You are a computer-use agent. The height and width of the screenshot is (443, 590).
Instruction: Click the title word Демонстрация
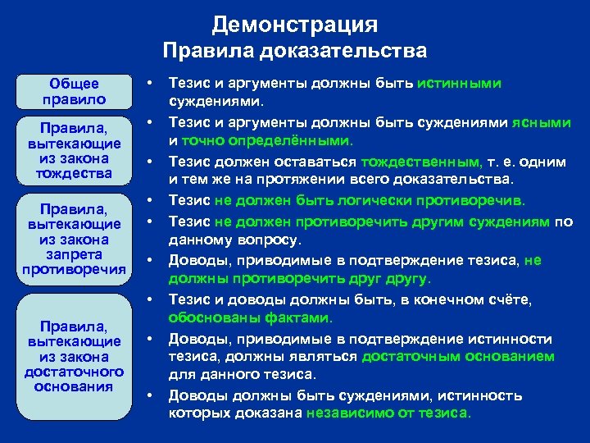[x=294, y=24]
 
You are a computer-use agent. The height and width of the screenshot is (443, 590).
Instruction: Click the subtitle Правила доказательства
[x=294, y=52]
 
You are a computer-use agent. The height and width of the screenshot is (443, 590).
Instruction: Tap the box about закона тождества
[x=74, y=151]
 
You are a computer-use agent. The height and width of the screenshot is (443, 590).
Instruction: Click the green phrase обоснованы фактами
[x=250, y=317]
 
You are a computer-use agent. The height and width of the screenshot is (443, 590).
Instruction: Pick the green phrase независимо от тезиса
[x=388, y=413]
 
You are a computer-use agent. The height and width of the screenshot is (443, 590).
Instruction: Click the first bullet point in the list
[x=152, y=83]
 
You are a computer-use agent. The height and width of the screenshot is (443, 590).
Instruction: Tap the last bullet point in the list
[x=152, y=395]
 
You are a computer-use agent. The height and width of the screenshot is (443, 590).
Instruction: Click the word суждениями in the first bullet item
[x=214, y=103]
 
